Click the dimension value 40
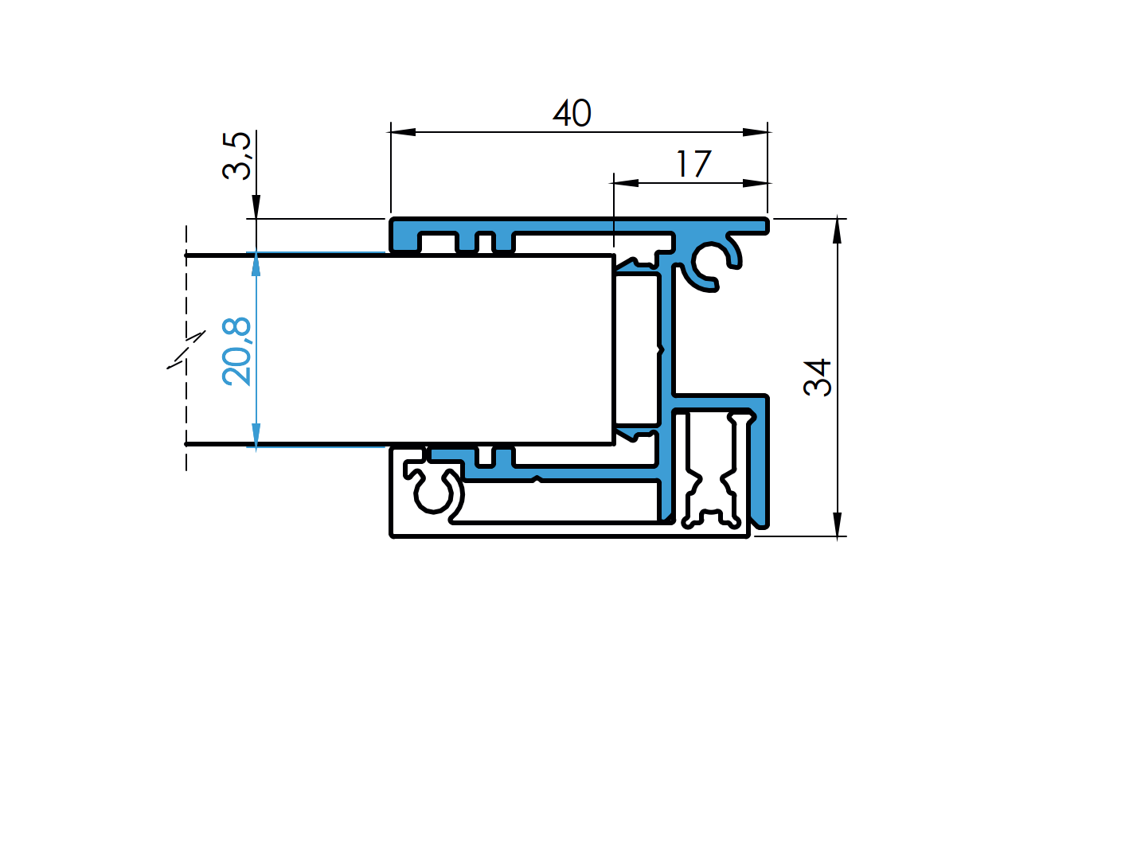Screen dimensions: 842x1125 [x=572, y=114]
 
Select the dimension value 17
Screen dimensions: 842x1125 [x=693, y=165]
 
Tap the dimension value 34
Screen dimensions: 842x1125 [x=818, y=377]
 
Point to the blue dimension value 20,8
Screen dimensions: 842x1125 [x=236, y=351]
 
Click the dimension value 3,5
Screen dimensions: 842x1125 [x=236, y=156]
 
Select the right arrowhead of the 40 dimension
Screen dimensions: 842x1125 [x=756, y=132]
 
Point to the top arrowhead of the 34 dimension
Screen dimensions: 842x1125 [x=837, y=230]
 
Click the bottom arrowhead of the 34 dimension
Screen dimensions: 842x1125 [x=837, y=524]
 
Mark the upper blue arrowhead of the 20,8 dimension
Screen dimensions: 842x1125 [x=256, y=265]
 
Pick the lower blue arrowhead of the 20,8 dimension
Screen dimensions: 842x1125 [x=256, y=435]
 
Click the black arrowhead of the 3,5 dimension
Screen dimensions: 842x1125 [x=256, y=207]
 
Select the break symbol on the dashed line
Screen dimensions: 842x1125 [x=186, y=349]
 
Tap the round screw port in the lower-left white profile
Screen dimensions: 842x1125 [x=434, y=493]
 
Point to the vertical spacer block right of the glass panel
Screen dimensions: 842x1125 [x=637, y=349]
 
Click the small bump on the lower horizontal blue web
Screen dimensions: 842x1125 [x=537, y=478]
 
